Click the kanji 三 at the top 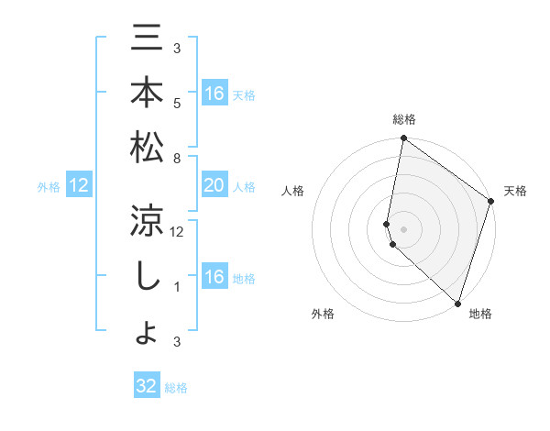[148, 39]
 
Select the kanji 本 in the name [148, 93]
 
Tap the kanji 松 [148, 147]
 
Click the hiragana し [148, 275]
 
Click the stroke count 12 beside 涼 [178, 232]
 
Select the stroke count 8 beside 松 [178, 158]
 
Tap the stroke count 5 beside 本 [178, 103]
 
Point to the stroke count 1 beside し [178, 287]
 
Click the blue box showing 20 [214, 186]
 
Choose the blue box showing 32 [147, 386]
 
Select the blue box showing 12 [79, 186]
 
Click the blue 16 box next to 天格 [214, 94]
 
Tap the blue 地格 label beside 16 [244, 279]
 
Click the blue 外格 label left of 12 [49, 187]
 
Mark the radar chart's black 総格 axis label [404, 119]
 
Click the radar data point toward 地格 [457, 303]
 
